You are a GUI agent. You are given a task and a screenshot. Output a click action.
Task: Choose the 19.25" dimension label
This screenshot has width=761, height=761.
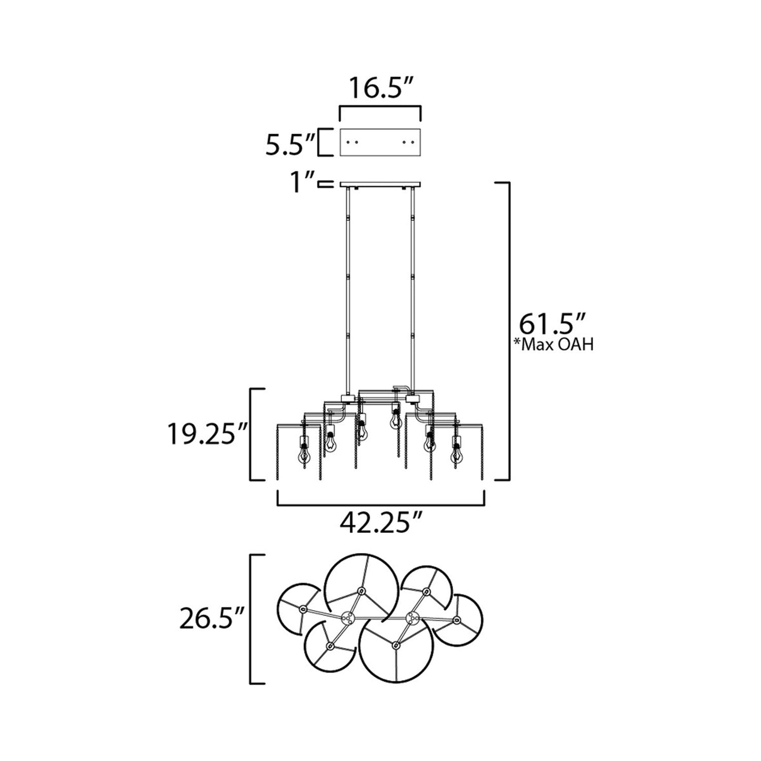(x=208, y=435)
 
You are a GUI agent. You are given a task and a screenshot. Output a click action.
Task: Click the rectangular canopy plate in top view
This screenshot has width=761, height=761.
(x=380, y=142)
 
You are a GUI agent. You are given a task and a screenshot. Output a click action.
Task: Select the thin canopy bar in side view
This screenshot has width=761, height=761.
(x=380, y=184)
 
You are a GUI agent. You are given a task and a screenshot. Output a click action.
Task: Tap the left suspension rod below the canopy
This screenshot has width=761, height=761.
(x=348, y=290)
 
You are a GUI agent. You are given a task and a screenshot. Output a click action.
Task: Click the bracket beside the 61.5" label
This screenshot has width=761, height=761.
(x=508, y=331)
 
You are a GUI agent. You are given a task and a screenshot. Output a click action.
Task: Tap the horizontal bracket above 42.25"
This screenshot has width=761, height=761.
(x=381, y=504)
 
